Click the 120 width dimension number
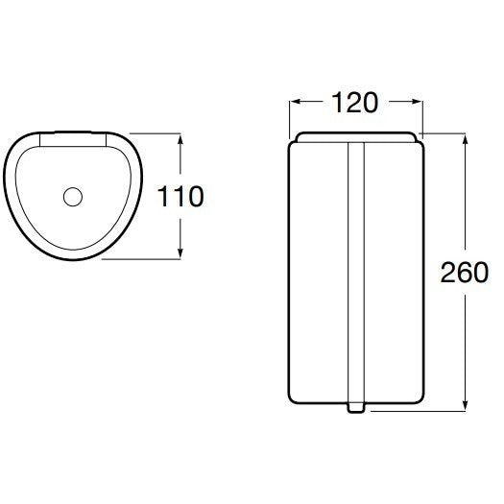point(354,103)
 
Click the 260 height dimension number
point(464,273)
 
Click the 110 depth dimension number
point(180,197)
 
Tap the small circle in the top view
point(73,197)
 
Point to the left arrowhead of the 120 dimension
point(295,102)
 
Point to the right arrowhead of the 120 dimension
point(418,102)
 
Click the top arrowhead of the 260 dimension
point(465,139)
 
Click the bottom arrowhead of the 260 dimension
point(465,405)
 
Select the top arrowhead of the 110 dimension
point(180,139)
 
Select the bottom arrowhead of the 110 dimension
point(180,253)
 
